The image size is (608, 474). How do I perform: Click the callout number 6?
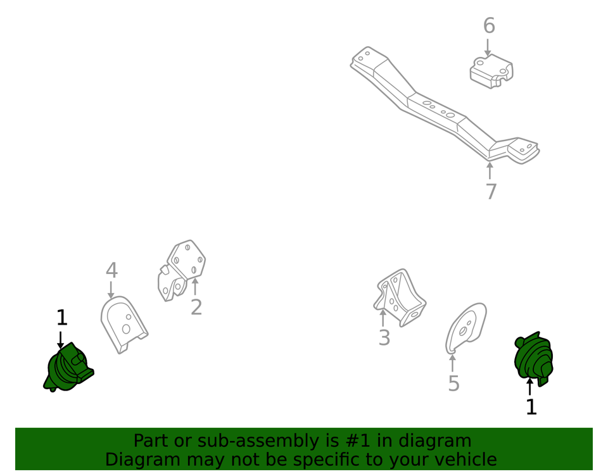point(489,25)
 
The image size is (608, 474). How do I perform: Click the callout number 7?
point(491,191)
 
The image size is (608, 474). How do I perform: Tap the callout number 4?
point(111,270)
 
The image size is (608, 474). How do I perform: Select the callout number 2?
point(196,307)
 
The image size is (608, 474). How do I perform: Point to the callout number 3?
point(384,337)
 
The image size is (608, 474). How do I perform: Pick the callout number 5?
point(453,384)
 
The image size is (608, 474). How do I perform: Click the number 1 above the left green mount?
point(62,318)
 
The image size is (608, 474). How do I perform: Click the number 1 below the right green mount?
point(531,407)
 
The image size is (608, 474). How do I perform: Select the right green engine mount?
point(533,358)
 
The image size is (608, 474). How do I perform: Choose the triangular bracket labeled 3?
point(400,297)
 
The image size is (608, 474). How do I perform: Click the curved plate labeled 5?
point(465,328)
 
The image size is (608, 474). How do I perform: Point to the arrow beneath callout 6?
point(488,47)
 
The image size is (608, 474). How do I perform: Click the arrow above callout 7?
point(490,170)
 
